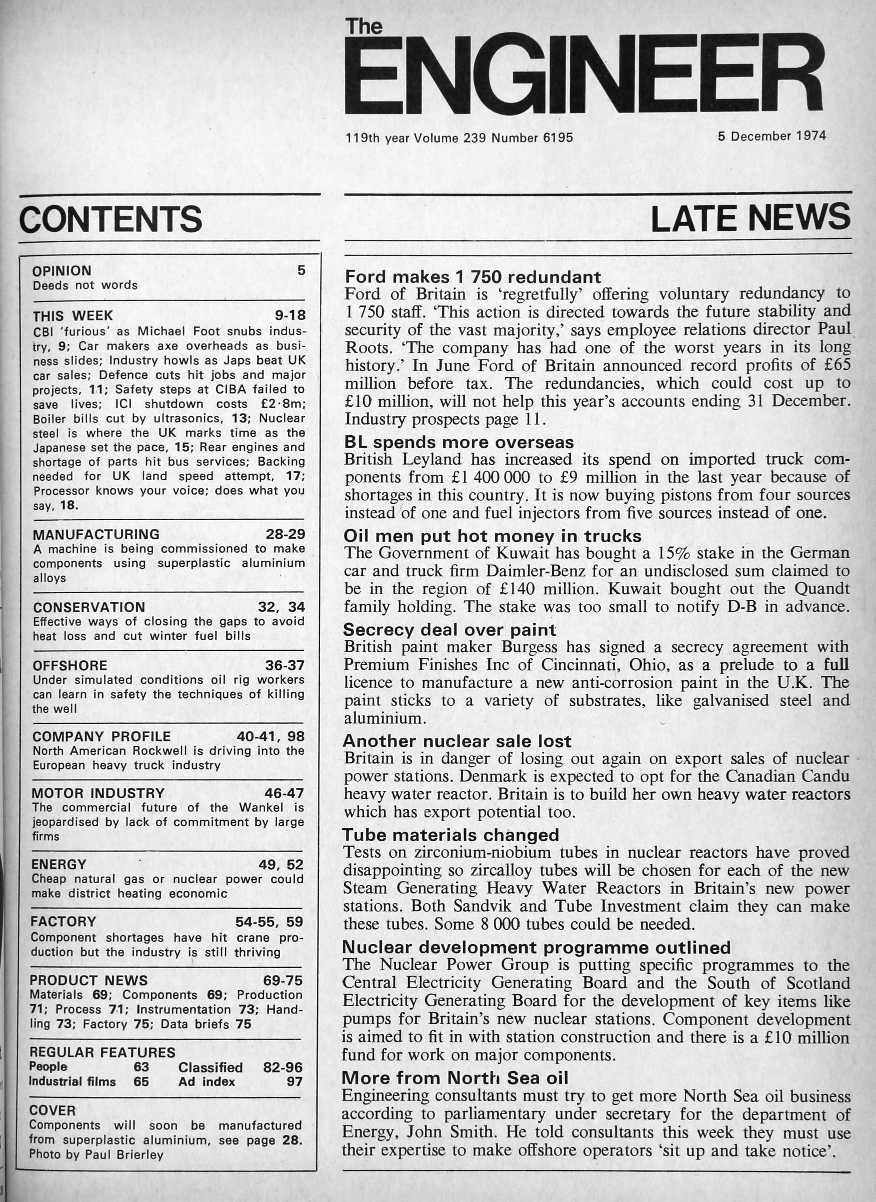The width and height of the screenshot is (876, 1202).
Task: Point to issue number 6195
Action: (x=558, y=138)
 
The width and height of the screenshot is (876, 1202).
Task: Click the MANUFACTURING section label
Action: (x=96, y=534)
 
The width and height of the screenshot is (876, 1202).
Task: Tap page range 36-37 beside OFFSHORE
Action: (x=285, y=665)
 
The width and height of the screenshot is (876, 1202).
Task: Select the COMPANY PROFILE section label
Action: (x=101, y=737)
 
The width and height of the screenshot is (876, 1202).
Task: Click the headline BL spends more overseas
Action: (x=459, y=442)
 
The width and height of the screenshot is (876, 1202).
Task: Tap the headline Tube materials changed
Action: (x=451, y=835)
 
